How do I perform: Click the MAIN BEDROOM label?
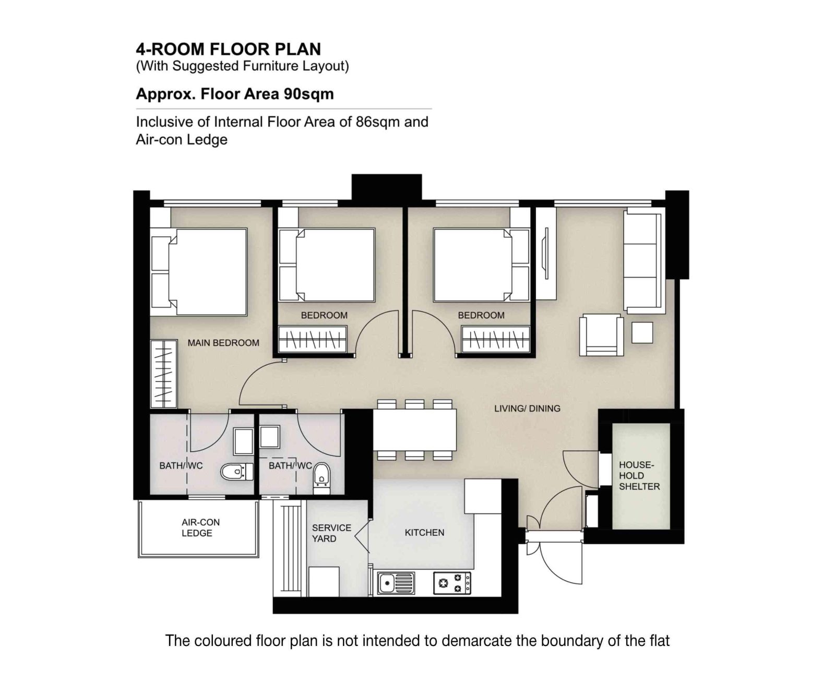pyautogui.click(x=223, y=343)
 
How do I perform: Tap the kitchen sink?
pyautogui.click(x=396, y=583)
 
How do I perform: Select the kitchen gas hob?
pyautogui.click(x=452, y=583)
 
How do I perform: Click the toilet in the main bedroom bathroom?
pyautogui.click(x=236, y=472)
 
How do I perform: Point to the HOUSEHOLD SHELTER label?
pyautogui.click(x=639, y=475)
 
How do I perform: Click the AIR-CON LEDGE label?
pyautogui.click(x=200, y=528)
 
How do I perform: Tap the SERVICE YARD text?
pyautogui.click(x=331, y=533)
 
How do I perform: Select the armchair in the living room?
pyautogui.click(x=601, y=335)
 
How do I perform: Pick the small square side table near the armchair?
pyautogui.click(x=642, y=333)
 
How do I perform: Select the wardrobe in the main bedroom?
pyautogui.click(x=163, y=374)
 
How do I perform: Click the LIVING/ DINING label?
pyautogui.click(x=527, y=409)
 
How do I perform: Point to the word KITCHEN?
pyautogui.click(x=424, y=533)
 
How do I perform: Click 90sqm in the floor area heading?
pyautogui.click(x=308, y=94)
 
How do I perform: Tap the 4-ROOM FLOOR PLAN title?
pyautogui.click(x=228, y=49)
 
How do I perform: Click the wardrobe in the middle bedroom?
pyautogui.click(x=313, y=340)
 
